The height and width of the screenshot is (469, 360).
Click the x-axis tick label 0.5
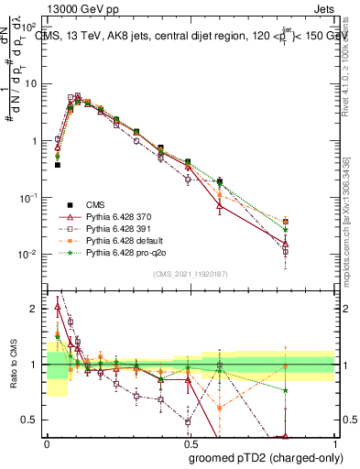tap(190, 443)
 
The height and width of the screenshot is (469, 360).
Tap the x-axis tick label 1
tap(334, 443)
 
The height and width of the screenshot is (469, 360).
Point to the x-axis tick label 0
tap(47, 443)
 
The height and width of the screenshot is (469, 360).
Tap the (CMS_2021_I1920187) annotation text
tap(190, 274)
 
